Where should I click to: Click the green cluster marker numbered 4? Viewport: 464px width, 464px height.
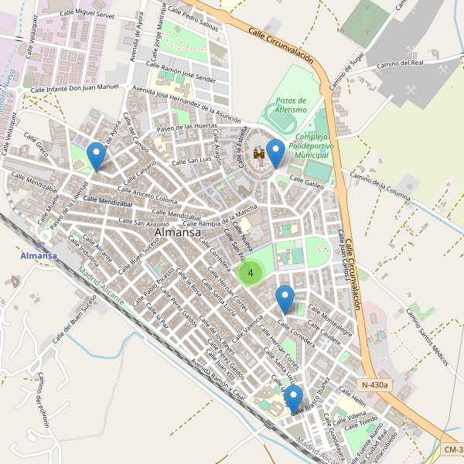pos(251,272)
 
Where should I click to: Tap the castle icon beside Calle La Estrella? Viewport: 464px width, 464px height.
pos(259,155)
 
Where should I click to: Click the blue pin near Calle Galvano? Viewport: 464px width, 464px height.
pos(96,155)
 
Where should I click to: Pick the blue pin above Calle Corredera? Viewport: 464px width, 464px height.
pos(285,299)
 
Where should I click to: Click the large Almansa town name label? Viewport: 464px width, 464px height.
pos(178,232)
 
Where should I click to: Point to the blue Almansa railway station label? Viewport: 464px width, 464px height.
pos(39,256)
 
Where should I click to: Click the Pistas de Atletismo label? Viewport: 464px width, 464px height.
pos(292,105)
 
